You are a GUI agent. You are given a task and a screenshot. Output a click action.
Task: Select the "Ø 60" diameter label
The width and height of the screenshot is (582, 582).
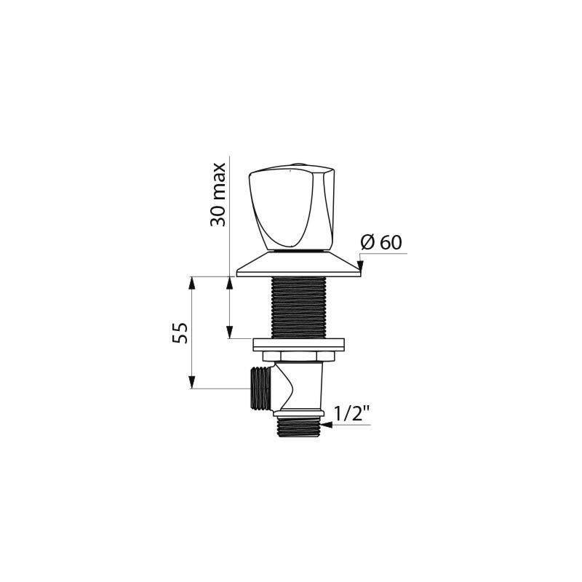point(381,242)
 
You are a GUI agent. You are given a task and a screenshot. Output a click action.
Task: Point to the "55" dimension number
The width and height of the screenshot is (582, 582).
point(180,332)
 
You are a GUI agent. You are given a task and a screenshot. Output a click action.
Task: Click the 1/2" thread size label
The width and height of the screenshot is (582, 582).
point(351,414)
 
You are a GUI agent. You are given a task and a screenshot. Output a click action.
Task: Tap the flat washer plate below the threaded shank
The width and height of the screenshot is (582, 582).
point(298,344)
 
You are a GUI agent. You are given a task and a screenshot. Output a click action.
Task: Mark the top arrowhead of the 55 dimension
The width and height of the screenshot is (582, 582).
point(193,282)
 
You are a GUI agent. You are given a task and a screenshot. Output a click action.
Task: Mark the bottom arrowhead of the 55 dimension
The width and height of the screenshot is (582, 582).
point(193,383)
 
